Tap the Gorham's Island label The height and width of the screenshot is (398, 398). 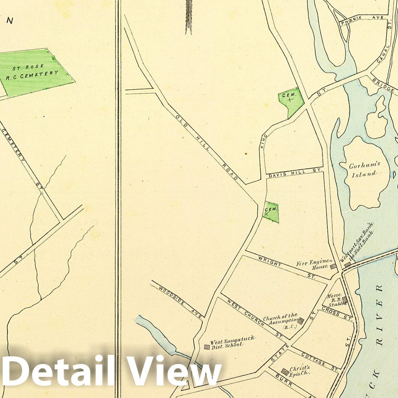(364, 170)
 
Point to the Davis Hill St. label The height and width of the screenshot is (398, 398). (295, 173)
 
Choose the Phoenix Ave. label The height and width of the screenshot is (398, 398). (363, 20)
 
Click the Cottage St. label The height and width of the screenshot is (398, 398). (320, 361)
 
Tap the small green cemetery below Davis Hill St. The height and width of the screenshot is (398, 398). (271, 212)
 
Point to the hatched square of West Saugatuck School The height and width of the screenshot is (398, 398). (206, 346)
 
